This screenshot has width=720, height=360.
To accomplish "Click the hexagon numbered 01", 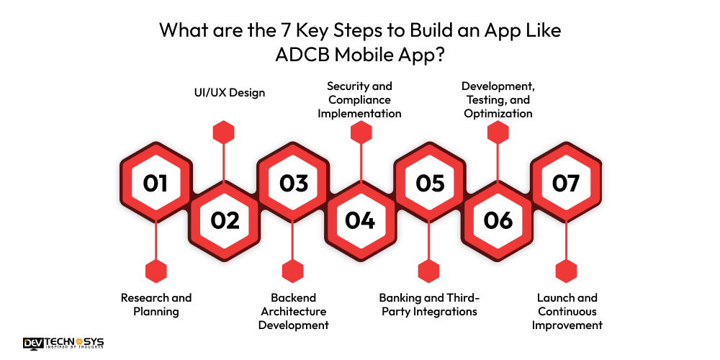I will [x=156, y=183].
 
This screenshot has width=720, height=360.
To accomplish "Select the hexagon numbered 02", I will [x=225, y=220].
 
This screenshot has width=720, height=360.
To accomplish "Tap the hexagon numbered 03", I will [x=293, y=183].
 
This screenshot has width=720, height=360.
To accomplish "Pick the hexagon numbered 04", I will [x=360, y=220].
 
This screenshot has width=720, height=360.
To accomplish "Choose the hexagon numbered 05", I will [x=429, y=183].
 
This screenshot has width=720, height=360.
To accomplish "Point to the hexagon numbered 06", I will [x=498, y=220].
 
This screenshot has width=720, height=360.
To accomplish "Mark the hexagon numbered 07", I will [x=566, y=183].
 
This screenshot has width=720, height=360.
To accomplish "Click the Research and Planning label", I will [x=156, y=305].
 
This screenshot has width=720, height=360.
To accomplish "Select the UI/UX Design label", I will [x=225, y=93].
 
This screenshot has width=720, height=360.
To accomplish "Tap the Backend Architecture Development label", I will [x=294, y=311].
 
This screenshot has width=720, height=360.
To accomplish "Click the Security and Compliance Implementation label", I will [x=360, y=99].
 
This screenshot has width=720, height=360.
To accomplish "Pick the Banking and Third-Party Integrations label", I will [x=429, y=305].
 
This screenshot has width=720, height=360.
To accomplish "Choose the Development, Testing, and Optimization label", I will [x=498, y=99].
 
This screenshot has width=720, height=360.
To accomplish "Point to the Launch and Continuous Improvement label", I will [x=567, y=311].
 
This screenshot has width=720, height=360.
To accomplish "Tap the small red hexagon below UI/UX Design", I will [x=225, y=132].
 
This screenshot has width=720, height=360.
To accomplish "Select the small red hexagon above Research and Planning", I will [x=156, y=271].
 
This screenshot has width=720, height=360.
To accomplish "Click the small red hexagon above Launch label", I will [x=567, y=271].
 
